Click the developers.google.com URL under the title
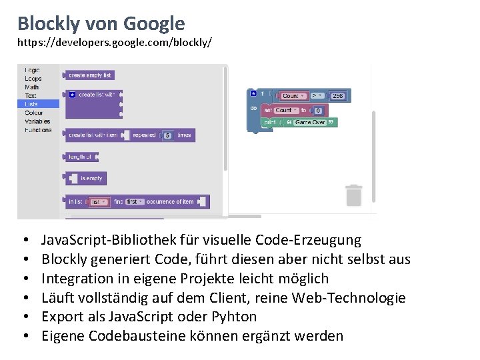point(115,43)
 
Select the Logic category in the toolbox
point(32,70)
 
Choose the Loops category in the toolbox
point(33,79)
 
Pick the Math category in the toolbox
point(31,87)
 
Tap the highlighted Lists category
point(31,104)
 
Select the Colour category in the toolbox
point(33,113)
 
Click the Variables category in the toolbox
point(37,121)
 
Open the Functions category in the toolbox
point(38,130)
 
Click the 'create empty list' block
point(89,75)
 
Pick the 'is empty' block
point(91,179)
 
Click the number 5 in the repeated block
point(167,135)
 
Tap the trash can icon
point(353,195)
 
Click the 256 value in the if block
point(339,97)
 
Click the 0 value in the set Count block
point(318,111)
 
